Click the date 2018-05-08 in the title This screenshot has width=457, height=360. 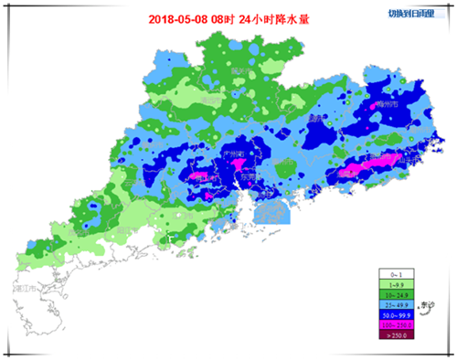(178, 18)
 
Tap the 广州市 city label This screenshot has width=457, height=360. (234, 154)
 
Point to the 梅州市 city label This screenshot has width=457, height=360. (390, 105)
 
